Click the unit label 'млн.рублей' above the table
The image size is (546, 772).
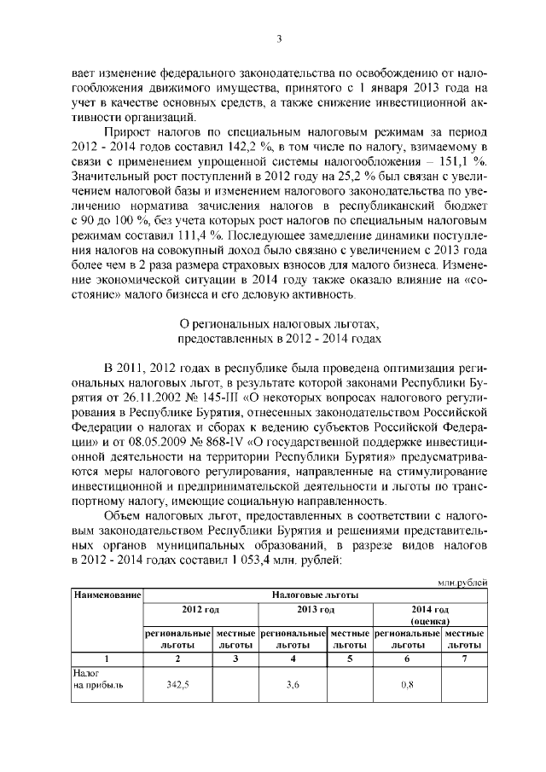click(x=462, y=581)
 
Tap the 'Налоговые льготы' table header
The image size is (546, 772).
click(x=315, y=593)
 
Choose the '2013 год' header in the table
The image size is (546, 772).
click(x=315, y=610)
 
